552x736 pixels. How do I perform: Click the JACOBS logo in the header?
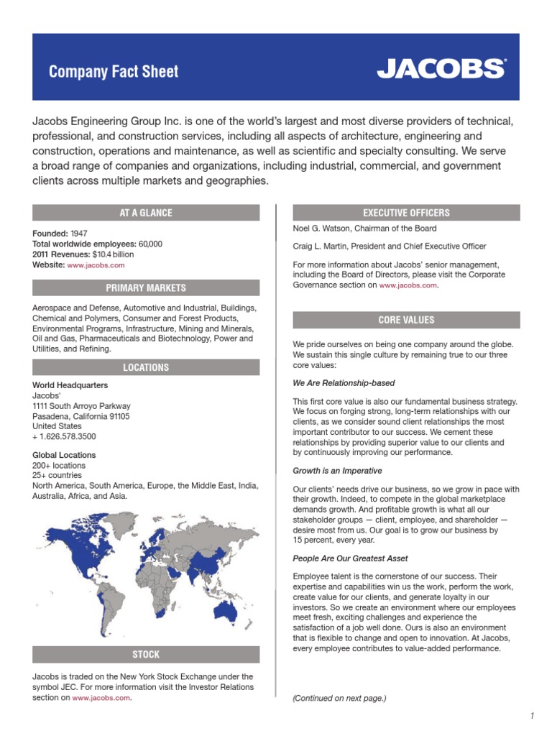pyautogui.click(x=441, y=69)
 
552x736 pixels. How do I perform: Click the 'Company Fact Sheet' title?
pyautogui.click(x=114, y=72)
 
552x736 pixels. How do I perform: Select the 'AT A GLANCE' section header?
pyautogui.click(x=146, y=213)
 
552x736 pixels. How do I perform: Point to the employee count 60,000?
pyautogui.click(x=150, y=244)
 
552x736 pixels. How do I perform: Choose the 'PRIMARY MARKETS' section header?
pyautogui.click(x=146, y=288)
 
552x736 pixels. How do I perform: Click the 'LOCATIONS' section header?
pyautogui.click(x=146, y=367)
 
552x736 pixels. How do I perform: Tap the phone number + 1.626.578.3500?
pyautogui.click(x=64, y=436)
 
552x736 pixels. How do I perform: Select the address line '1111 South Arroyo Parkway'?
pyautogui.click(x=81, y=406)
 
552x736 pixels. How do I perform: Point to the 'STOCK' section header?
pyautogui.click(x=146, y=655)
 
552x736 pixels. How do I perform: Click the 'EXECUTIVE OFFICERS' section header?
pyautogui.click(x=406, y=213)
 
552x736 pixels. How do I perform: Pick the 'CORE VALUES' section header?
pyautogui.click(x=406, y=320)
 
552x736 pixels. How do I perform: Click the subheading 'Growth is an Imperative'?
pyautogui.click(x=338, y=471)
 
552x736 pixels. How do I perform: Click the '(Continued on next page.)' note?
pyautogui.click(x=339, y=698)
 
